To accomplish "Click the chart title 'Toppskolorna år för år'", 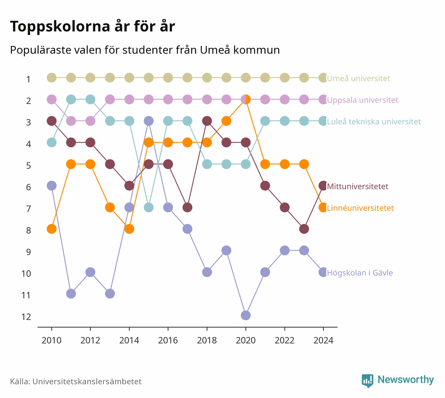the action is pos(92,27).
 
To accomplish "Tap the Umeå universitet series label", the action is pos(358,78).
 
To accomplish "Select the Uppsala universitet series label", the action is pos(362,100).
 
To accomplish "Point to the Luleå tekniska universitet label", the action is pos(374,121).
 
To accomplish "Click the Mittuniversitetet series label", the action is pos(358,186).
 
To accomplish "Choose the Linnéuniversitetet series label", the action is pos(360,208).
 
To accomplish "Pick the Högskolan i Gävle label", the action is pos(360,273).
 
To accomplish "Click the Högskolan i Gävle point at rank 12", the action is pos(245,315).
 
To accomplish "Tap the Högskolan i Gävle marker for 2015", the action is pos(149,121).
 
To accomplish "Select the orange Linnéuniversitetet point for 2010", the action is pos(51,229).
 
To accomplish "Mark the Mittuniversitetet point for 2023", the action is pos(304,229).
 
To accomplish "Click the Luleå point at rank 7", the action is pos(149,207).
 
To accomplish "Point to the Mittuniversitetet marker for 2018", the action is pos(207,121).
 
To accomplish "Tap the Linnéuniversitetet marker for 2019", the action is pos(226,121).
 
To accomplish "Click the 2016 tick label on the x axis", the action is pos(168,341).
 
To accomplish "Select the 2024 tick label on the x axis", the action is pos(323,341).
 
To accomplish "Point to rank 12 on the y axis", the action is pos(26,317).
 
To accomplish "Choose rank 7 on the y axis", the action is pos(29,209).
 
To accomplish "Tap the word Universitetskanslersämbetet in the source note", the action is pos(87,381).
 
